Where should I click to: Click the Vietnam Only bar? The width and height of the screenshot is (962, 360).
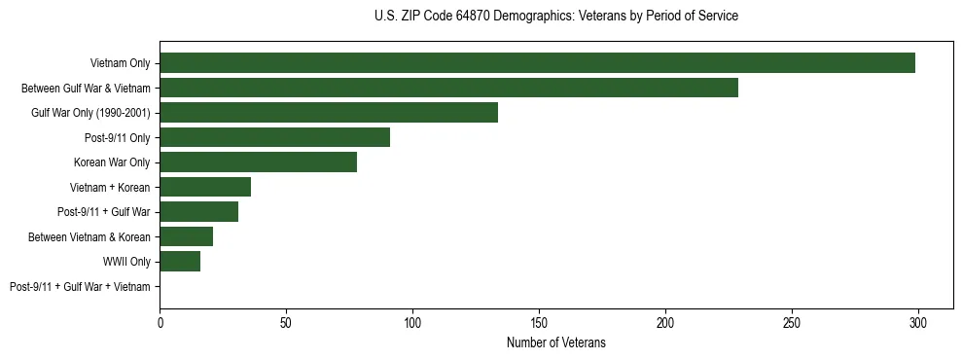click(537, 63)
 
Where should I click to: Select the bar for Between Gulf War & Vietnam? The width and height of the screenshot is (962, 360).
click(448, 88)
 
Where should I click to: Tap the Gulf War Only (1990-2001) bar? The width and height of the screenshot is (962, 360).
click(329, 113)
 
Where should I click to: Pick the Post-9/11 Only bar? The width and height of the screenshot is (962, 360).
click(274, 137)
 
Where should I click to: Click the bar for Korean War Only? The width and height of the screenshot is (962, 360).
click(258, 162)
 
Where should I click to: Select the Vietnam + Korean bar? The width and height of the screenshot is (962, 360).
click(205, 187)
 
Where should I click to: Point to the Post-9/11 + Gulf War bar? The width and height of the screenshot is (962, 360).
click(198, 212)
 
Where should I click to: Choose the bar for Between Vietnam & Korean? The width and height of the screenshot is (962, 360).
click(186, 236)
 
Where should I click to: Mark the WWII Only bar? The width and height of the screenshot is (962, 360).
click(180, 262)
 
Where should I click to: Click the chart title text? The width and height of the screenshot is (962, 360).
click(555, 17)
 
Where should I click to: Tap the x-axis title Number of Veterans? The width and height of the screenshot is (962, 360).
click(555, 342)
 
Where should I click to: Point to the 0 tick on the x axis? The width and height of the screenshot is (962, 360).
click(160, 321)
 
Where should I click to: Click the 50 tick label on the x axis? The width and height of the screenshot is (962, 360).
click(286, 321)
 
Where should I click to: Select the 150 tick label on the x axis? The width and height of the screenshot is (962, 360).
click(539, 321)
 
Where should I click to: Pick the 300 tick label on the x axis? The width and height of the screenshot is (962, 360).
click(917, 321)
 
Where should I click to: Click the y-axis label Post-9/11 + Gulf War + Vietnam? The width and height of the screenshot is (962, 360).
click(80, 287)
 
